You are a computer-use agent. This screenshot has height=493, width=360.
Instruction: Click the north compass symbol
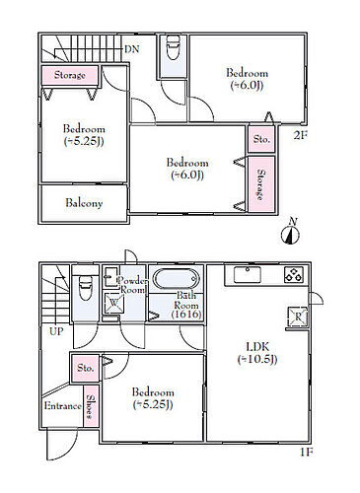coord(290,233)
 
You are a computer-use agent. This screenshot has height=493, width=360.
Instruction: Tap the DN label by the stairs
coord(132,49)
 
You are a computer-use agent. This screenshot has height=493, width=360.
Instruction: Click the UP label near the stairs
coord(56,331)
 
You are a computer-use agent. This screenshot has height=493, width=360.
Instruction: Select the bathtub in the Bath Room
coord(177,279)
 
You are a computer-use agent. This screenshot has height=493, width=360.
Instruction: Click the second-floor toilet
coord(173,47)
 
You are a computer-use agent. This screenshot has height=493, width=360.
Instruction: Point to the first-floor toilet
coord(86,288)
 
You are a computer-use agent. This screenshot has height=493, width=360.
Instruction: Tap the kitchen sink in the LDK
coord(248,275)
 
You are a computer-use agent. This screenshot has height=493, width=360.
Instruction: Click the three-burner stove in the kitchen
coord(294,275)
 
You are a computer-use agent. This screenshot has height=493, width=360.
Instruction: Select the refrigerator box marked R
coord(298,317)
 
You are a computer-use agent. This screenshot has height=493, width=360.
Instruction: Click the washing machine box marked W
coord(113,303)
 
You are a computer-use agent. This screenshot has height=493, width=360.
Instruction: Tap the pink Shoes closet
coord(91,406)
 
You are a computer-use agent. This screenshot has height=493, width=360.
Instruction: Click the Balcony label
coord(84,203)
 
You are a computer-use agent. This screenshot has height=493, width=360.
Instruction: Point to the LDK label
coord(257,346)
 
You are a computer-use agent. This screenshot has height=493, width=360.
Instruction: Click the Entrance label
coord(62,406)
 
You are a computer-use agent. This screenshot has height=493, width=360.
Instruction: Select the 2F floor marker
coord(300,135)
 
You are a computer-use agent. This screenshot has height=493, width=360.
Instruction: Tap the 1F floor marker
coord(306,453)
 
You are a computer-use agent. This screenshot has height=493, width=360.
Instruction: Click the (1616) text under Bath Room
coord(186,315)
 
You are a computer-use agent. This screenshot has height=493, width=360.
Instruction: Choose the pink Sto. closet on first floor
coord(86,368)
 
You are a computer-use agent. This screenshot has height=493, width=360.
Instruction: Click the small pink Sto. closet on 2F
coord(261,139)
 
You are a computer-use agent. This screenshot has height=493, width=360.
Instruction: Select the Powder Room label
coord(132,285)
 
